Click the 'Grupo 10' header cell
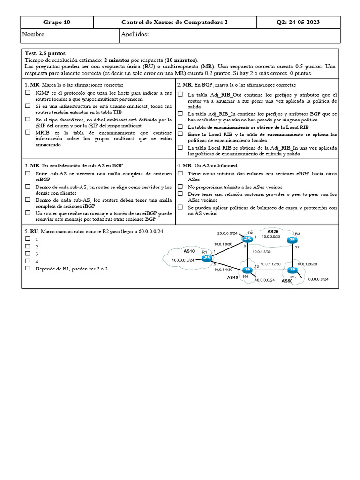click(57, 22)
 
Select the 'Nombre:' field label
click(34, 35)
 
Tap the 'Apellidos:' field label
click(135, 35)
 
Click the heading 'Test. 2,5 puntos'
click(45, 54)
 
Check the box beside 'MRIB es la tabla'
click(28, 133)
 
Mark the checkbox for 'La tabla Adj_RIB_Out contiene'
click(180, 95)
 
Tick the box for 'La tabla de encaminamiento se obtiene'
click(180, 127)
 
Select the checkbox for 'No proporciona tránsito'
click(180, 187)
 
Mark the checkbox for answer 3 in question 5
click(28, 254)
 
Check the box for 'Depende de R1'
click(28, 268)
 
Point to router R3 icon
click(293, 240)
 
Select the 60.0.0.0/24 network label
click(318, 280)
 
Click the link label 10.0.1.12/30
click(270, 264)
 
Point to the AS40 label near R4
click(232, 277)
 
